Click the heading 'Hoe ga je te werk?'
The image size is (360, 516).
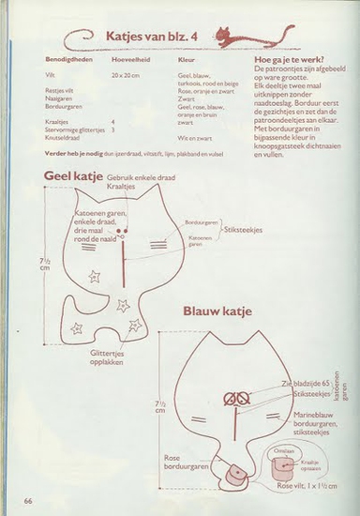point(288,58)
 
